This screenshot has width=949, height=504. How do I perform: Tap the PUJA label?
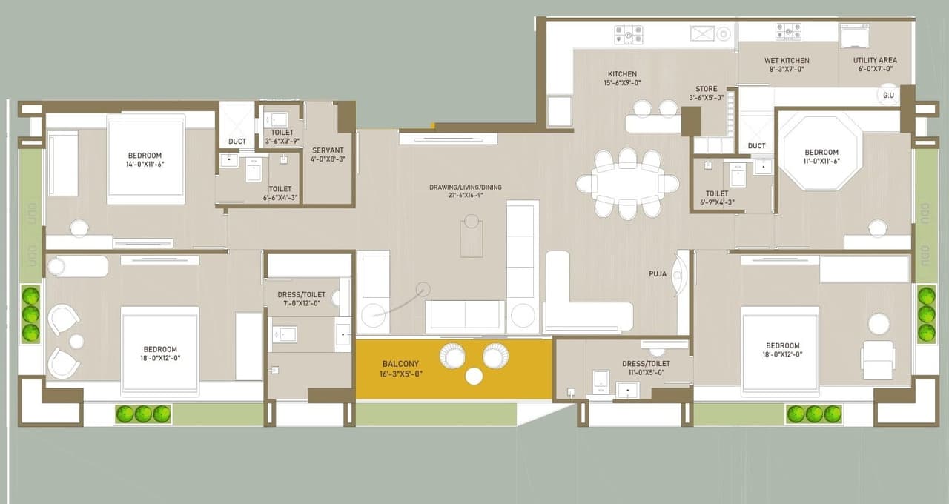point(657,274)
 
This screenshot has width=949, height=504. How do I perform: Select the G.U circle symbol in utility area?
point(888,95)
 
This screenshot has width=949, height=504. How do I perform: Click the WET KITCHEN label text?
point(786,61)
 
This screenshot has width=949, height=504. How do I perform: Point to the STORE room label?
point(706,89)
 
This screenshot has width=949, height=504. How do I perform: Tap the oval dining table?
point(628,184)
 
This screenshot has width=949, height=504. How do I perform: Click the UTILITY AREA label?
point(875,60)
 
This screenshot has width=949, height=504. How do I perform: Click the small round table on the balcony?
point(474,376)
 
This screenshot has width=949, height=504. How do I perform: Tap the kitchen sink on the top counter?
point(703,33)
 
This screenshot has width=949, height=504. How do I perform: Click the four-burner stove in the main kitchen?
point(628,34)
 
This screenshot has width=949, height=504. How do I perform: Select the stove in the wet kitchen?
point(788,31)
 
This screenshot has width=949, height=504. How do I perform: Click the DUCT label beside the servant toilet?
point(237,142)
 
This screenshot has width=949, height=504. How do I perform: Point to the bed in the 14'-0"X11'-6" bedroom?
point(145,159)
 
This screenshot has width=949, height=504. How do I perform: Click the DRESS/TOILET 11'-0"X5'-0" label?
point(646,368)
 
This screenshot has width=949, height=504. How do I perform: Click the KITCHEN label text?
point(622,74)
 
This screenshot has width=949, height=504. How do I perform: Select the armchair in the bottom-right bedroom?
point(878,359)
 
